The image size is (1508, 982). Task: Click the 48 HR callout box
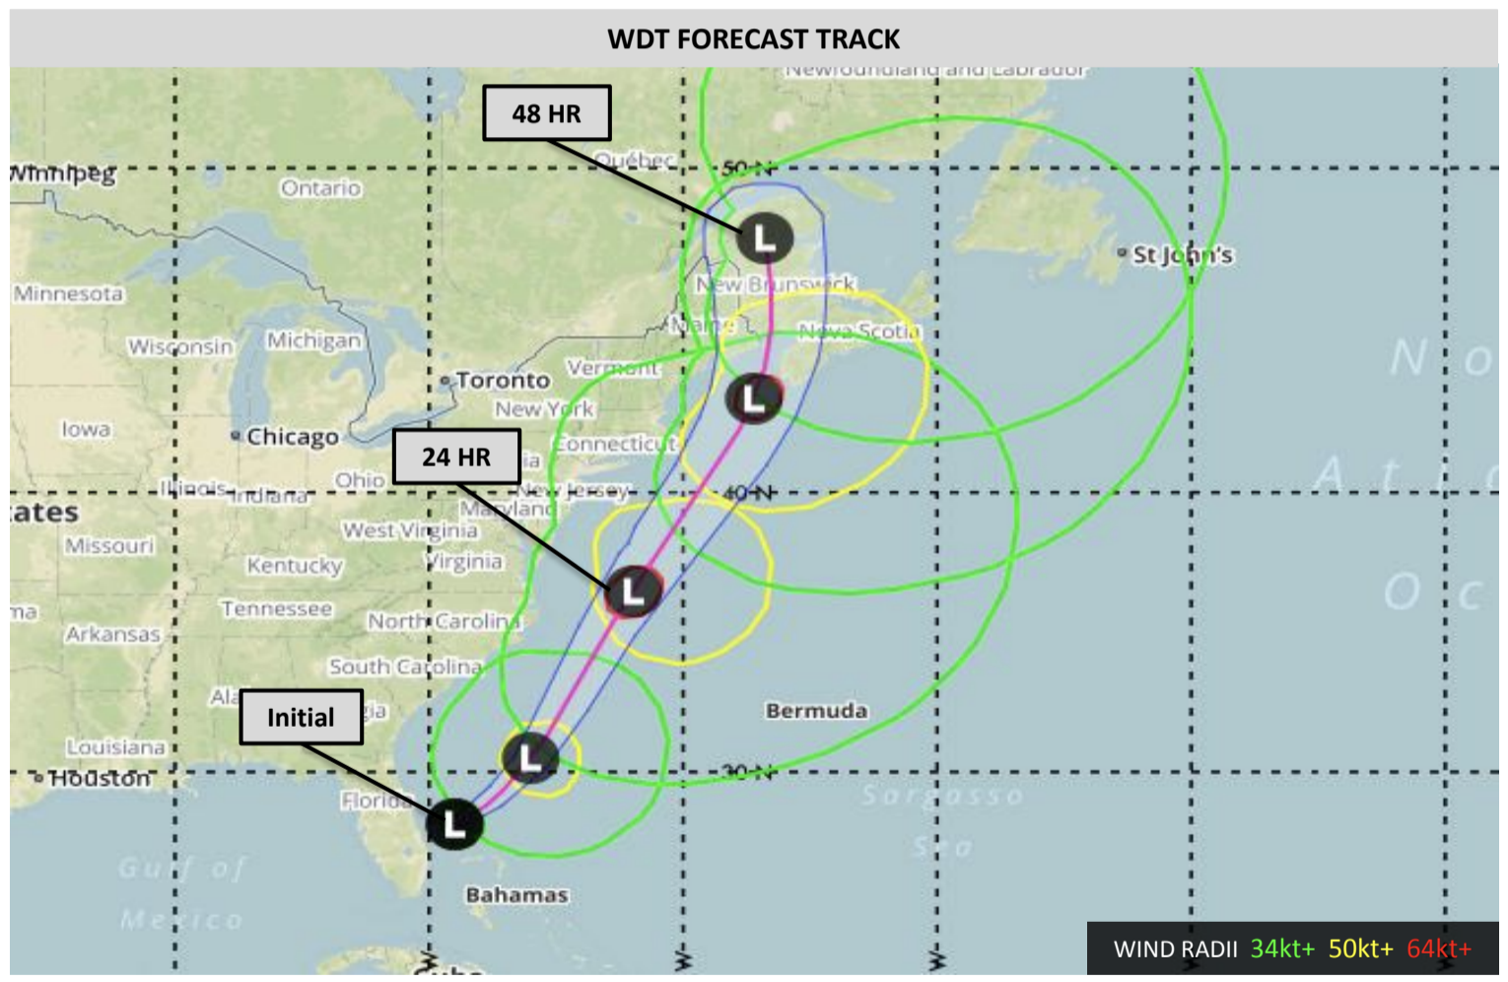(x=546, y=113)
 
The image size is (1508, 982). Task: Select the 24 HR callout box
(x=456, y=456)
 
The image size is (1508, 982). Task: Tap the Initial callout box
(x=301, y=717)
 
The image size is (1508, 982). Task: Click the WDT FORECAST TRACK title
(x=753, y=39)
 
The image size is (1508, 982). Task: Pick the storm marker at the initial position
(x=454, y=823)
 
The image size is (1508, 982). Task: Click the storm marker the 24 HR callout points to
(x=633, y=592)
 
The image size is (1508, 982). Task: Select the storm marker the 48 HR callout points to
(x=765, y=238)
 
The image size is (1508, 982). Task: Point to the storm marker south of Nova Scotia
(x=754, y=398)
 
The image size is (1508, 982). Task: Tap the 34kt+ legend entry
(x=1281, y=948)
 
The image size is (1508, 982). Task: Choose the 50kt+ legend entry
(x=1360, y=948)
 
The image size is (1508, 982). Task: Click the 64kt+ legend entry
(x=1438, y=948)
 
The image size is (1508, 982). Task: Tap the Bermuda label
(x=816, y=711)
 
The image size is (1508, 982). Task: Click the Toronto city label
(x=502, y=381)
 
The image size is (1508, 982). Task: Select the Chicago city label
(x=292, y=437)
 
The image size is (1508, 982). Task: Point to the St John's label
(x=1182, y=255)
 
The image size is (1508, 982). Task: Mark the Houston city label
(x=100, y=779)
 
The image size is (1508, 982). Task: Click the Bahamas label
(x=516, y=895)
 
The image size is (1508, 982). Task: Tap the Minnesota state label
(x=68, y=294)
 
